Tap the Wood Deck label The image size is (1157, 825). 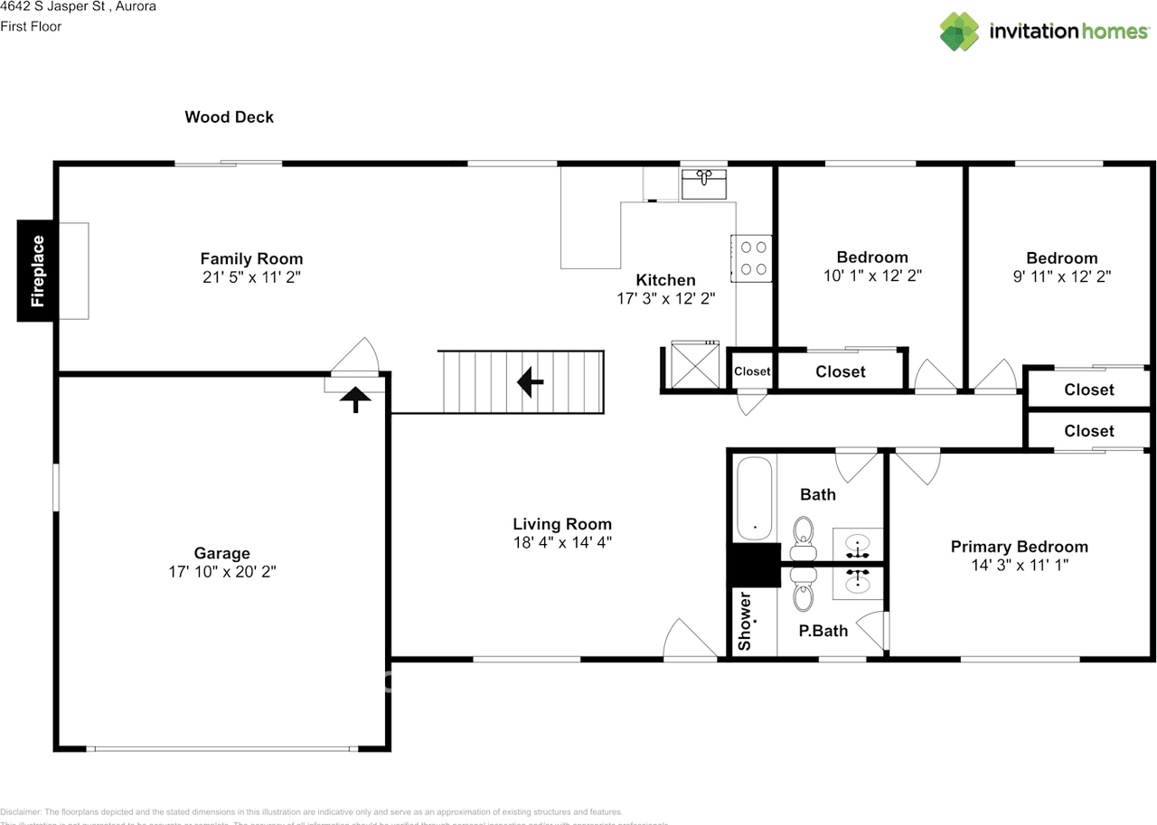coord(229,117)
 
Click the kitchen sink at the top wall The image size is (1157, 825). coord(704,183)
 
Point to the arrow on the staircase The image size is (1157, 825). coord(530,382)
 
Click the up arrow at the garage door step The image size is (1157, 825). coord(355,399)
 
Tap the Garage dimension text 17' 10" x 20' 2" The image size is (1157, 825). coord(221,572)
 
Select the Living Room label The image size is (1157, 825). coord(561,524)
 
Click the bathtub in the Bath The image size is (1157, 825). coord(753,499)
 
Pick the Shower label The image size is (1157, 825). coord(745,621)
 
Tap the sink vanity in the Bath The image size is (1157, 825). coord(858,545)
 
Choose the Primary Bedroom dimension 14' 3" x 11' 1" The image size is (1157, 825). coord(1019,566)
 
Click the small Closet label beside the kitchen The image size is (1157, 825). coord(752,371)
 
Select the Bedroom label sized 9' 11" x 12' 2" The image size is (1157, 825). coord(1061,258)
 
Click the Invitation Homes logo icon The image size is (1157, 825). coord(960,31)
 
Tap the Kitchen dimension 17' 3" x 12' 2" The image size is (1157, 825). coord(665,299)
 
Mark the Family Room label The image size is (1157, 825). coord(251,258)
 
